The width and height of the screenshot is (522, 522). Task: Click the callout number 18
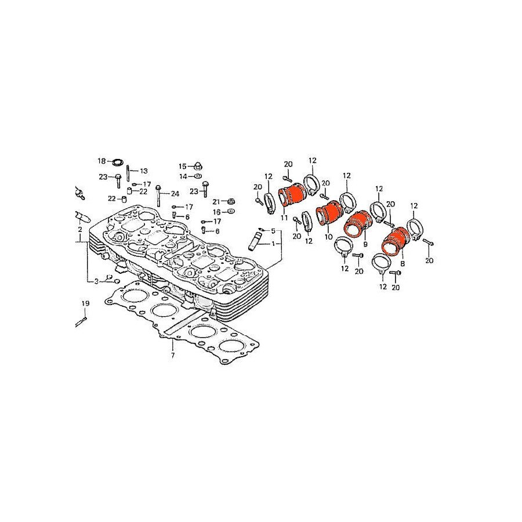(x=101, y=161)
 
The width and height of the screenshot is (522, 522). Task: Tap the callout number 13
(x=143, y=171)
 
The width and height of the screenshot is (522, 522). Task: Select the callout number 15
(x=183, y=166)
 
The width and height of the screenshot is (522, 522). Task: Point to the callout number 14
(x=183, y=176)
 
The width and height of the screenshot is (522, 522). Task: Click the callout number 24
(x=175, y=194)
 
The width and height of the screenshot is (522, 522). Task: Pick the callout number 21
(x=216, y=202)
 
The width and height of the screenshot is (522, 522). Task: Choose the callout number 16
(x=217, y=212)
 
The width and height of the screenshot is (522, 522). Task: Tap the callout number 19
(x=86, y=303)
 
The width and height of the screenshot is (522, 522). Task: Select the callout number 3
(x=96, y=282)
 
